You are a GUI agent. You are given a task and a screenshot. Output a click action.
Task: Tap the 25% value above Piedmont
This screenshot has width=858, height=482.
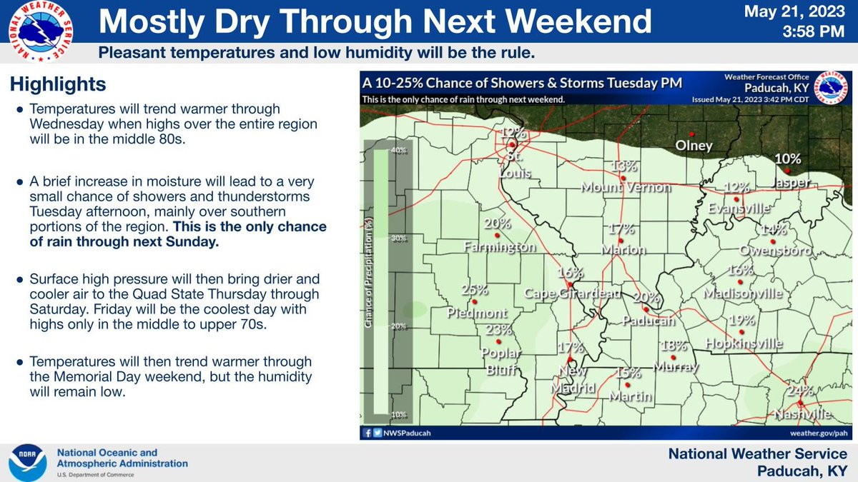(474, 291)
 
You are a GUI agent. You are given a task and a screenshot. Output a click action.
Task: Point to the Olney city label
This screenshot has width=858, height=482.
(695, 146)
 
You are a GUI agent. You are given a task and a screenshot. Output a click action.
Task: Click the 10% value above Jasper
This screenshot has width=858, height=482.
(787, 159)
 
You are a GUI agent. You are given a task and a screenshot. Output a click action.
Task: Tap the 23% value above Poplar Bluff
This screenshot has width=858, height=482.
(499, 330)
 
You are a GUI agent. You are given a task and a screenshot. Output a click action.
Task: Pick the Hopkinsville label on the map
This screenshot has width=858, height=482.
(744, 344)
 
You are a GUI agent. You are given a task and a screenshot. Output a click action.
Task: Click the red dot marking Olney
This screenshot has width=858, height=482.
(691, 134)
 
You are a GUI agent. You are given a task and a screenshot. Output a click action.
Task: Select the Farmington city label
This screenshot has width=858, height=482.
(499, 247)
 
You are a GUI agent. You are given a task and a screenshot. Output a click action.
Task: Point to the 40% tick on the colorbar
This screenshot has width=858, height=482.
(399, 150)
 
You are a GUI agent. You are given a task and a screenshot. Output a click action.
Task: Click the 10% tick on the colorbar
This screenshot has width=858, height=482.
(399, 415)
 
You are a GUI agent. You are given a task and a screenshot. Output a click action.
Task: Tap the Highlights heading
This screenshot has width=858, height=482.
(58, 84)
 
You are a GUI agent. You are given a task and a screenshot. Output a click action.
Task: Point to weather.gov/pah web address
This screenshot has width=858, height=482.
(818, 433)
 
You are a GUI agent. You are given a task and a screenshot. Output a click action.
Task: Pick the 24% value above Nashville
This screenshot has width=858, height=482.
(800, 391)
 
